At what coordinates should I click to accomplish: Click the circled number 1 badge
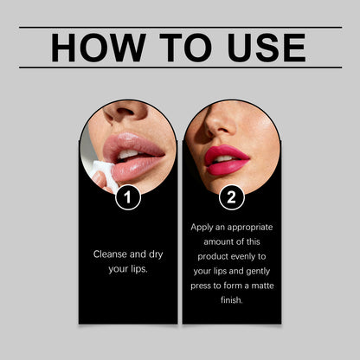[128, 197]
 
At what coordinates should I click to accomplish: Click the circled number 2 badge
[231, 197]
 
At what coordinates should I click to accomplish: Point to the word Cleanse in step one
[112, 254]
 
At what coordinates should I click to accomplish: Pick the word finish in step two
[231, 301]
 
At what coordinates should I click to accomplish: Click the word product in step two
[209, 257]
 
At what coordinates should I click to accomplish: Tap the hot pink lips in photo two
[227, 158]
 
